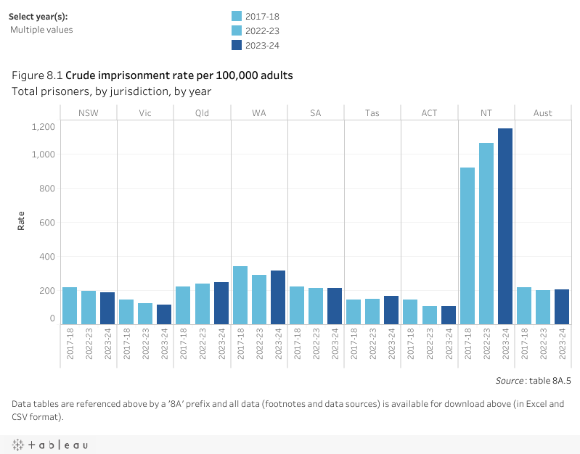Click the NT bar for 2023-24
tap(505, 226)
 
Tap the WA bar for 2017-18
tap(240, 294)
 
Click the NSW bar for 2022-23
tap(89, 307)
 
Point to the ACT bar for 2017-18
tap(411, 311)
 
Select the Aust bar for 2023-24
tap(562, 306)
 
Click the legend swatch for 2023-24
tap(237, 45)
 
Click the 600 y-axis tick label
tap(47, 223)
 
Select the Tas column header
tap(372, 113)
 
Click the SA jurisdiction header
tap(316, 113)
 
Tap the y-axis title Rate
tap(21, 220)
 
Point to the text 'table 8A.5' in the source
tap(551, 379)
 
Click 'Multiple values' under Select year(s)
tap(41, 30)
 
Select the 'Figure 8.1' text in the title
tap(38, 75)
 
